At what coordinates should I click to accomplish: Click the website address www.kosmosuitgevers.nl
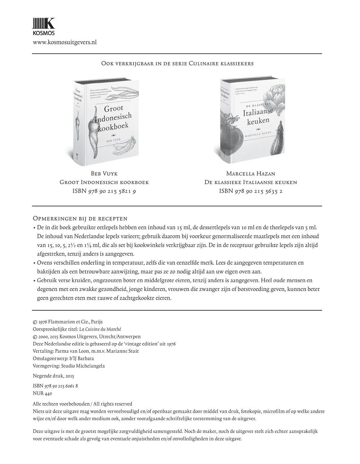tap(65, 42)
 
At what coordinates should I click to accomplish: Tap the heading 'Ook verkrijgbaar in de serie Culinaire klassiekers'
tap(177, 63)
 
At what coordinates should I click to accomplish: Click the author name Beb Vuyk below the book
tap(104, 174)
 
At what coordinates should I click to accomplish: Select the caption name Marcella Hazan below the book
tap(251, 174)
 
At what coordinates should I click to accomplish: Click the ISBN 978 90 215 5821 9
tap(104, 191)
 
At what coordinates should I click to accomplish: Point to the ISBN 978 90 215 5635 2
tap(251, 191)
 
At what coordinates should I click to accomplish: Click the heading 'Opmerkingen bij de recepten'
tap(80, 219)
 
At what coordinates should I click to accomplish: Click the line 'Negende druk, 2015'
tap(54, 376)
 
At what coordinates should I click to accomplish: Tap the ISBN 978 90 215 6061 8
tap(55, 386)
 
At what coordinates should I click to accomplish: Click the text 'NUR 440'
tap(43, 393)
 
